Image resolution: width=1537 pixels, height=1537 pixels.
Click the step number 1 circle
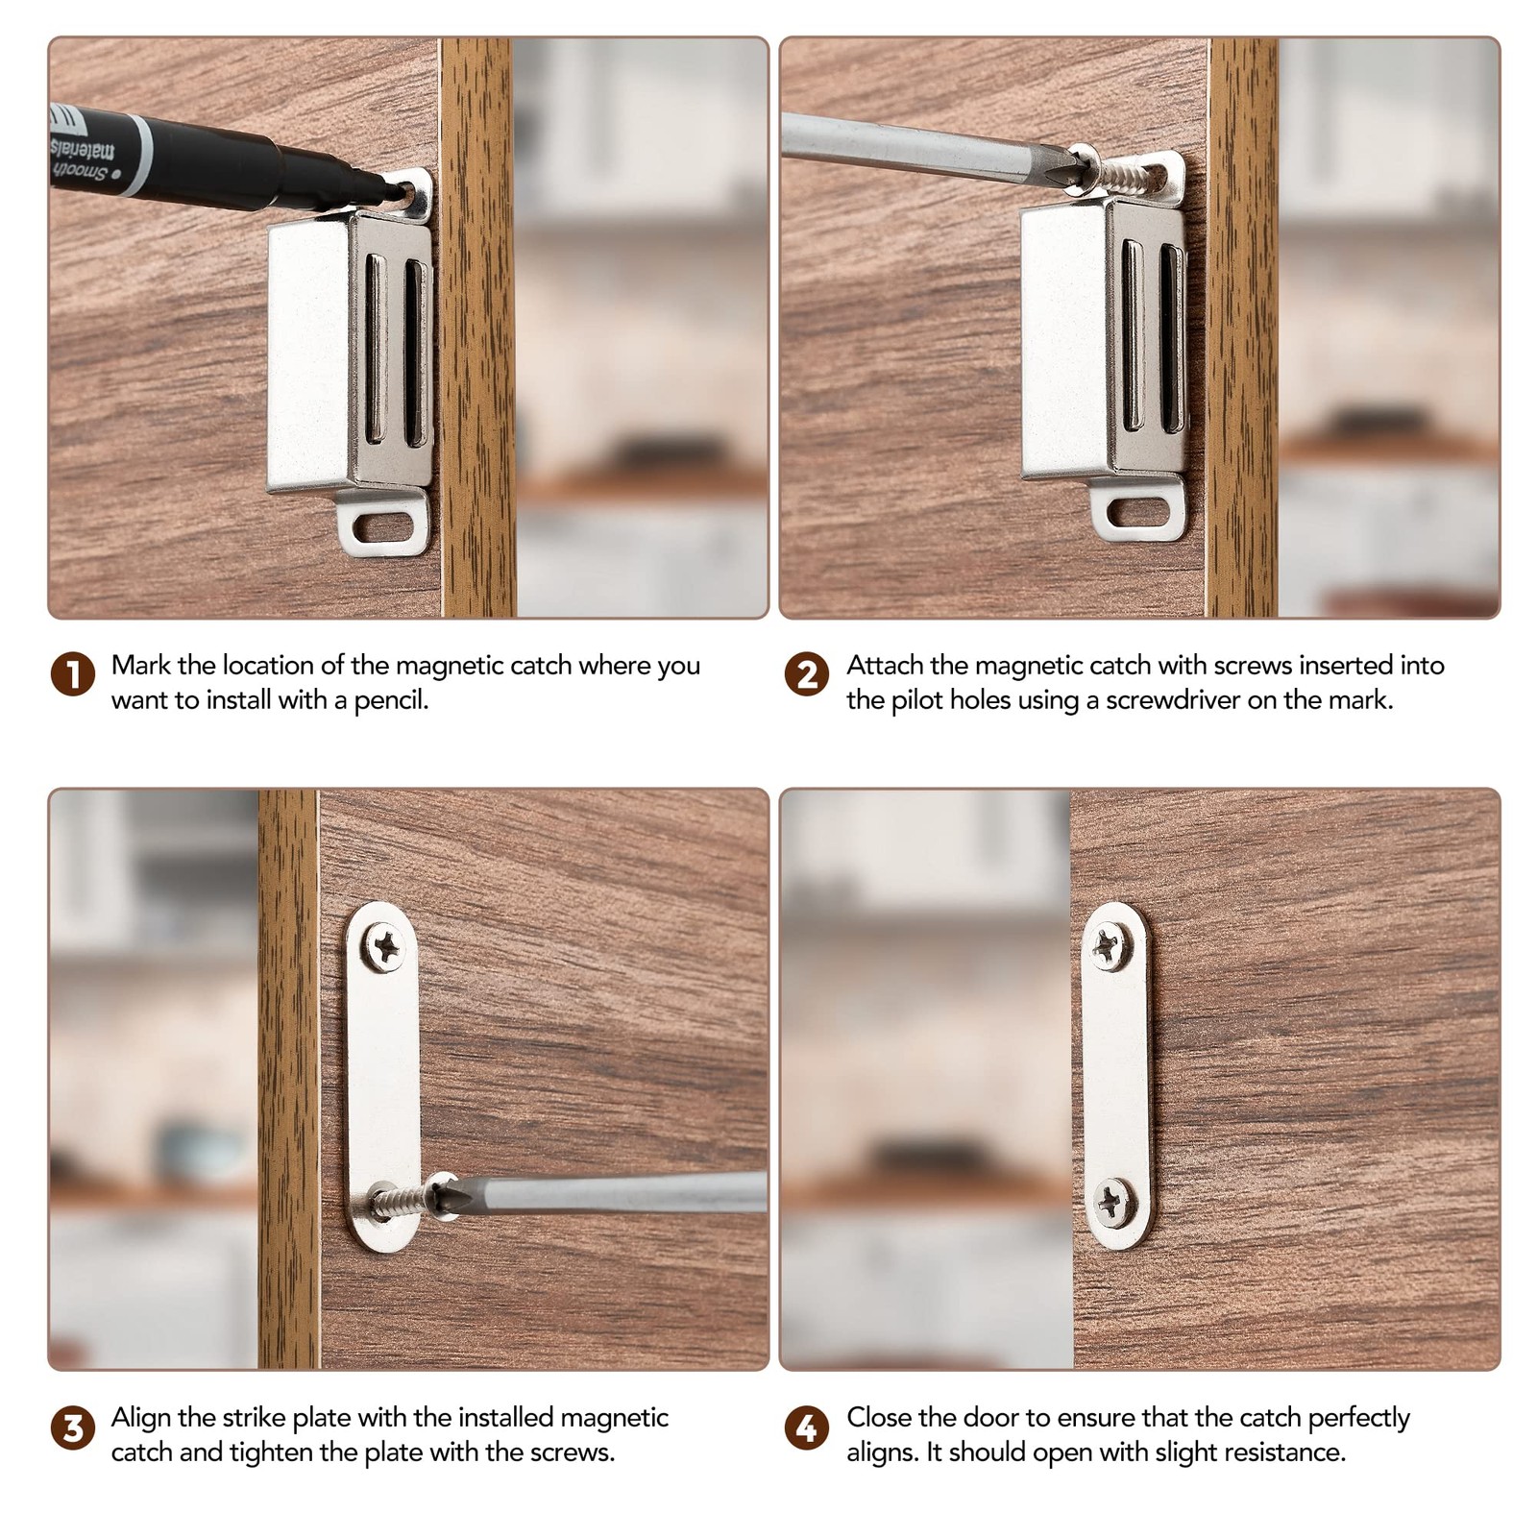[x=73, y=673]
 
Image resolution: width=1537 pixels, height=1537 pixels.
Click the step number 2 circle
[x=806, y=673]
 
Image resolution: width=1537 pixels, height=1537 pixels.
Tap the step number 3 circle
[x=73, y=1427]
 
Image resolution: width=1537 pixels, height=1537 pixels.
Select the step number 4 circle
[x=806, y=1427]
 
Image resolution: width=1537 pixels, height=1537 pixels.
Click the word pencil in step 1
[x=390, y=700]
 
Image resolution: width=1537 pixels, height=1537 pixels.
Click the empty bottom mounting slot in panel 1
[x=382, y=526]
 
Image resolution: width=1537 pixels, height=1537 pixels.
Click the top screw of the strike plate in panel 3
[x=386, y=949]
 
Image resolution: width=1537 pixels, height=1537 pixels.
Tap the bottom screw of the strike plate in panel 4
[x=1114, y=1201]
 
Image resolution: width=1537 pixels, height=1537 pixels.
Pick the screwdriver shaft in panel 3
[x=615, y=1193]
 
